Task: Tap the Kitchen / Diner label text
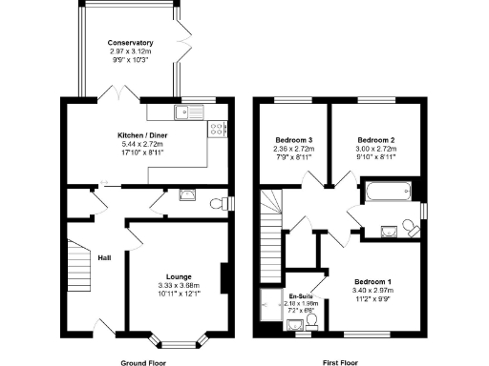coord(138,136)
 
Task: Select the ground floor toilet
coord(223,202)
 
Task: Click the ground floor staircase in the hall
coord(76,267)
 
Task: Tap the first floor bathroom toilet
coord(410,227)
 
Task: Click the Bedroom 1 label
coord(372,282)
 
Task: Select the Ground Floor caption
coord(143,363)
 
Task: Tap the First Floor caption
coord(341,363)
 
